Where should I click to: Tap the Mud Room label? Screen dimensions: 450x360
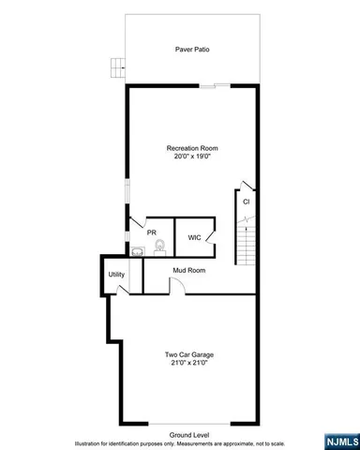[x=188, y=270]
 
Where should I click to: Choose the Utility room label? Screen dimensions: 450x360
[x=116, y=274]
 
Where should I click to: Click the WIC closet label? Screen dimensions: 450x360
[x=194, y=237]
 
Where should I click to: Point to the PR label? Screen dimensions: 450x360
[x=151, y=232]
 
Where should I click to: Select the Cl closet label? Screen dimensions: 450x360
[x=246, y=202]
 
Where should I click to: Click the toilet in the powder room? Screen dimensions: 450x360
[x=159, y=247]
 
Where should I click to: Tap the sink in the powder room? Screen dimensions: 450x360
[x=139, y=250]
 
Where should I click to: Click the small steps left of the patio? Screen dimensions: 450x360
[x=117, y=67]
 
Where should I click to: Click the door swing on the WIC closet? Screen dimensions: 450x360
[x=212, y=227]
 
